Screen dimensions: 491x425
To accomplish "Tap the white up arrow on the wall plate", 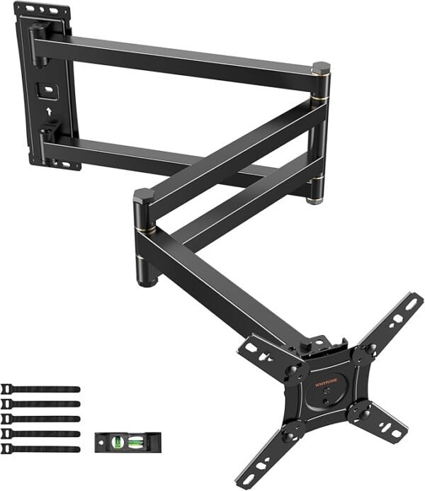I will pos(47,111).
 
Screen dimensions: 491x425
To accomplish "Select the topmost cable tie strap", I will pos(40,389).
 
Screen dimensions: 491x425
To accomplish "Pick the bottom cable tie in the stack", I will pos(40,448).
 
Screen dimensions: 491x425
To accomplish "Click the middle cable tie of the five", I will pos(40,419).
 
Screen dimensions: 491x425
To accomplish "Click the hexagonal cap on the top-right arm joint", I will pos(320,68).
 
